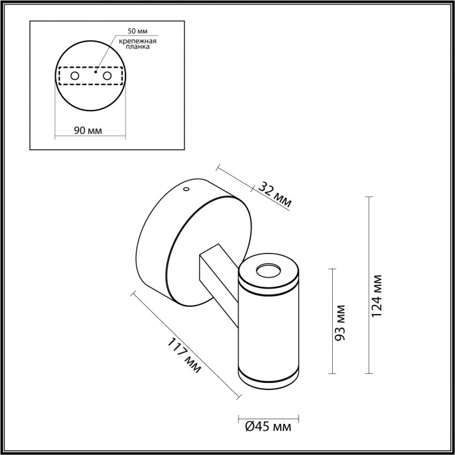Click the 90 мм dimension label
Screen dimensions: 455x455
pyautogui.click(x=88, y=130)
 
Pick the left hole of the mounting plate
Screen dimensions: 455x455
pyautogui.click(x=75, y=76)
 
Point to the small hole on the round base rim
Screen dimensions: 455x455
pyautogui.click(x=186, y=190)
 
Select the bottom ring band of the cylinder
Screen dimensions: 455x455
pyautogui.click(x=268, y=375)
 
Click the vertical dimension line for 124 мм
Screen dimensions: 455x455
pyautogui.click(x=369, y=286)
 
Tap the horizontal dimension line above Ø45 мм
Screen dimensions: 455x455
pyautogui.click(x=268, y=416)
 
